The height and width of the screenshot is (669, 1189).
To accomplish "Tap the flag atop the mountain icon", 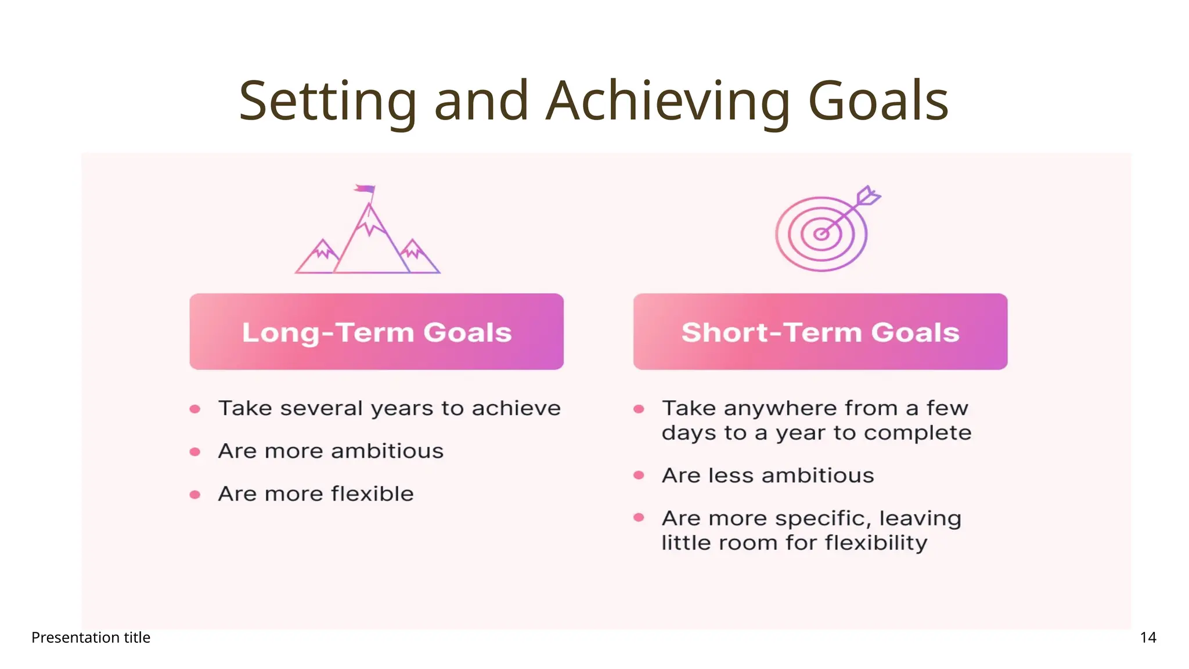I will (x=365, y=189).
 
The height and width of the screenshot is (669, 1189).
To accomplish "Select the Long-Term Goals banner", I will (x=376, y=332).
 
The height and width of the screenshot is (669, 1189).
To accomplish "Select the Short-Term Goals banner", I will (x=820, y=332).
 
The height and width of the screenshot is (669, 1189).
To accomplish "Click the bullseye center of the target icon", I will (x=821, y=234).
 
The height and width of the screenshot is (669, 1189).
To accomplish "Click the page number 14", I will (x=1148, y=638).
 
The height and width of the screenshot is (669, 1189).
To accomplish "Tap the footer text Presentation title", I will (x=91, y=638).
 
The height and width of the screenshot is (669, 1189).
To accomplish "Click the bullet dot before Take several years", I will (x=195, y=409).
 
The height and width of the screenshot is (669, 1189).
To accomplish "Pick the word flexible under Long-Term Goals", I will (x=372, y=494).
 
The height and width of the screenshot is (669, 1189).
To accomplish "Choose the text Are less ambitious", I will (x=768, y=476).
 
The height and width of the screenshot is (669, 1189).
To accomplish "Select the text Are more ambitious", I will (x=330, y=451).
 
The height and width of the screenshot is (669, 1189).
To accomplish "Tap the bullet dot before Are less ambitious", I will (x=639, y=476).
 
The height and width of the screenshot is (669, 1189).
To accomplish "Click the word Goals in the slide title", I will (x=878, y=102).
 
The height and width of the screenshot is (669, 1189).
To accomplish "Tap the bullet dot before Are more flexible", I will (x=195, y=495).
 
